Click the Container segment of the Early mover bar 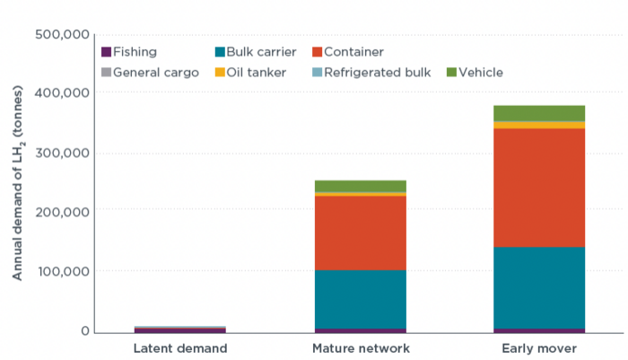point(539,188)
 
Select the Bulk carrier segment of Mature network point(361,300)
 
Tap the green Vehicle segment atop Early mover point(539,113)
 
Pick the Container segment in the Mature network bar point(361,233)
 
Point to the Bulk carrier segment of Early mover point(539,288)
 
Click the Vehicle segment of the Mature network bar point(361,186)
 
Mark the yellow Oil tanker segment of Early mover point(539,125)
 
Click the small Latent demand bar point(180,329)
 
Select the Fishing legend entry point(129,52)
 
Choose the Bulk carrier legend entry point(256,52)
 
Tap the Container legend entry point(348,52)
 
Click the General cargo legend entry point(150,73)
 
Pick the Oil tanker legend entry point(250,73)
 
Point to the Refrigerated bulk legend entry point(371,73)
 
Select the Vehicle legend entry point(475,73)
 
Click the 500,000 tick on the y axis point(62,34)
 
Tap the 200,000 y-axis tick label point(62,212)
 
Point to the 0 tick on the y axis point(85,330)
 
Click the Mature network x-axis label point(361,348)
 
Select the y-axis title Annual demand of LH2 point(17,183)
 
